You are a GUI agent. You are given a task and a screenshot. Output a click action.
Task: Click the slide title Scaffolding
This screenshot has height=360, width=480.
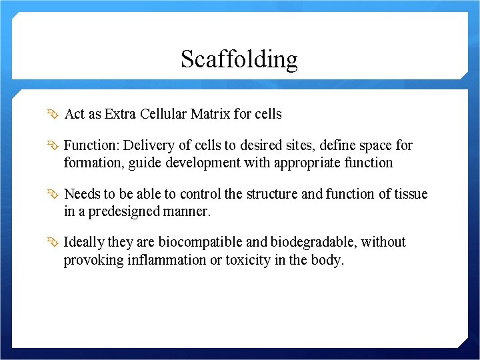coord(239,59)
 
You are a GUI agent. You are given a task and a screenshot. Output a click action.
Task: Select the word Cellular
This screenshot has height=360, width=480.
coord(164,114)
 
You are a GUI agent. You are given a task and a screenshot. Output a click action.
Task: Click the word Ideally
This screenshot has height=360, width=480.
coord(83,242)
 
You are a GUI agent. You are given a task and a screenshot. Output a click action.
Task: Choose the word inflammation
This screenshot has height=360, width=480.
coord(165,260)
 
